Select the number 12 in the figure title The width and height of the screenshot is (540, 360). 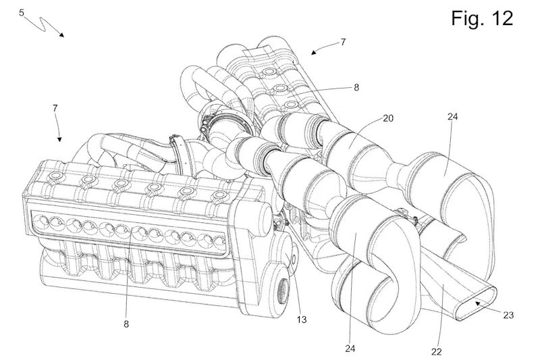(x=503, y=18)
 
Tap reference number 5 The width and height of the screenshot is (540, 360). (x=22, y=13)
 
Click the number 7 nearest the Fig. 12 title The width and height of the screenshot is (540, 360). (x=344, y=42)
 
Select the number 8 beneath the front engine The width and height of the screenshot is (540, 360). (x=126, y=324)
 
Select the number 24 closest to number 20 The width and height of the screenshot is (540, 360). (x=452, y=116)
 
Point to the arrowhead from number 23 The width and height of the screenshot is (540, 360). (x=476, y=304)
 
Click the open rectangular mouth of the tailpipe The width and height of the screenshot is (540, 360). (x=474, y=301)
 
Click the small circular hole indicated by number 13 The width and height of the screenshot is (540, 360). (x=295, y=258)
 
